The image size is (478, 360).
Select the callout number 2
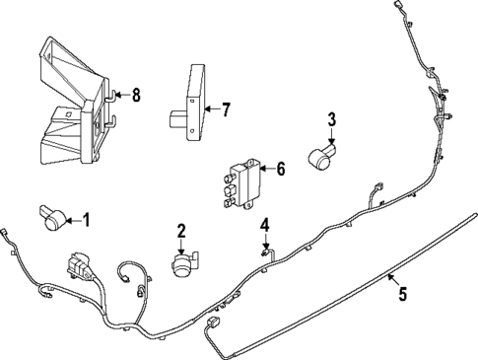click(181, 232)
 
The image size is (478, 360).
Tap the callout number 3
click(332, 120)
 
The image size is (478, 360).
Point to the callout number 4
click(264, 227)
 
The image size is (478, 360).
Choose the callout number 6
click(280, 169)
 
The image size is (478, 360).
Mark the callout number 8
click(136, 95)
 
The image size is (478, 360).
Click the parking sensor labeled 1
click(54, 219)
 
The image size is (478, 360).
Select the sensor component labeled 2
click(182, 264)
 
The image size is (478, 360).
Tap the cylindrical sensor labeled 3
click(321, 156)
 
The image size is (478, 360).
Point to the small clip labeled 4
click(265, 252)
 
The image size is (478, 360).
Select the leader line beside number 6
click(266, 170)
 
